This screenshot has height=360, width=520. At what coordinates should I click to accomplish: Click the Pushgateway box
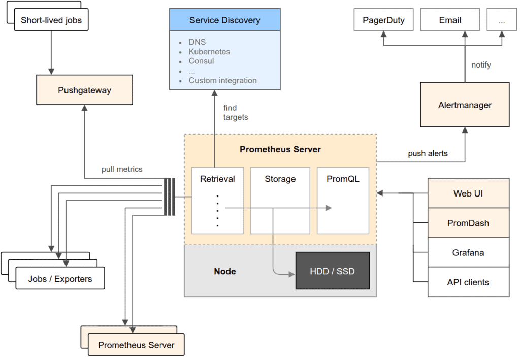point(84,90)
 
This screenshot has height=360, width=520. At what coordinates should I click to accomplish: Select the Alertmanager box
point(465,105)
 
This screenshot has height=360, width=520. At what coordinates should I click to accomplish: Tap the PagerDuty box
point(384,20)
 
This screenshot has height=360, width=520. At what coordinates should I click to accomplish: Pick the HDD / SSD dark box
point(332,271)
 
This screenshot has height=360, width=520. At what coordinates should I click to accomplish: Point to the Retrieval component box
point(217,200)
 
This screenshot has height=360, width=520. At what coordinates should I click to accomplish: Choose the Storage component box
point(280,200)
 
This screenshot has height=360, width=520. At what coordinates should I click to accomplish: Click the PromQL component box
point(343,200)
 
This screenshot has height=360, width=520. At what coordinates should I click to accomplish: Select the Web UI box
point(468,193)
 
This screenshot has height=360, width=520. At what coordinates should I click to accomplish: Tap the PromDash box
point(468,223)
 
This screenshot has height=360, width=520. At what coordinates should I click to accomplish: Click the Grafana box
point(468,252)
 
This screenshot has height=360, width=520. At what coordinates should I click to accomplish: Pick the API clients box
point(468,282)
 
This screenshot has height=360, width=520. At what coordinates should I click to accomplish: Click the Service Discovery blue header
point(224,20)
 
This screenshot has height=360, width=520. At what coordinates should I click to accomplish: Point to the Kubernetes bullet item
point(209,52)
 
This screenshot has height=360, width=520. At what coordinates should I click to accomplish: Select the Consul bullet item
point(201,61)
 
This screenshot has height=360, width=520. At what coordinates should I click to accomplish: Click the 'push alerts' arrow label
point(428,153)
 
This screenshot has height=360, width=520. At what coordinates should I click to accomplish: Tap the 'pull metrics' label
point(122,169)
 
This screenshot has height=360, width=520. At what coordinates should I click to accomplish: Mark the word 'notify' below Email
point(481,65)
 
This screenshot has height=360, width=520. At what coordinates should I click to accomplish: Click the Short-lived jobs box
point(51,21)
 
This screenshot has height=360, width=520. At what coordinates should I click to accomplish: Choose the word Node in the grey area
point(225,271)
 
